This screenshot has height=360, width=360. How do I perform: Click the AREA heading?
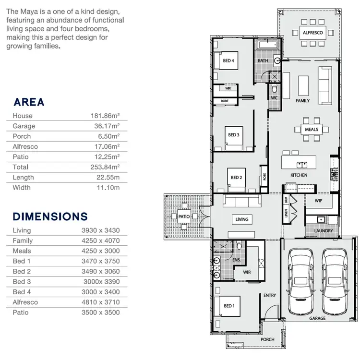coord(29,102)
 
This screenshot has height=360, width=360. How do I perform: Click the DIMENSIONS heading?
coord(50,216)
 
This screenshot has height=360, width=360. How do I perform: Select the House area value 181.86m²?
coord(105,116)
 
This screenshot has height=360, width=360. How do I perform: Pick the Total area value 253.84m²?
coord(105,167)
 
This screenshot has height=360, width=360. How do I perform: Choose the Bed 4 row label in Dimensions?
coord(21,292)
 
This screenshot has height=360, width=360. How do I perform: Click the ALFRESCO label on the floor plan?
coord(312,33)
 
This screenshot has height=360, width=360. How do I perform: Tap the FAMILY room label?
coord(302,101)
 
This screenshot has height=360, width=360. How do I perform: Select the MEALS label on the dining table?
coord(312,129)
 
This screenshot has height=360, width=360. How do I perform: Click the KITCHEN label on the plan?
coord(299,175)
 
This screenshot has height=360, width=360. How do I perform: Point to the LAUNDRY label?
coord(324,231)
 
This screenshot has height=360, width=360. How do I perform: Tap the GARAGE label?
coord(317,318)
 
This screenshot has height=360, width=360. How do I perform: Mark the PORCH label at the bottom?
coord(267,339)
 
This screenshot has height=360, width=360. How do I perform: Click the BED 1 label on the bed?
coord(229,306)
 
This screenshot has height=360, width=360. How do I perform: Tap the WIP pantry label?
coord(318,200)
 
